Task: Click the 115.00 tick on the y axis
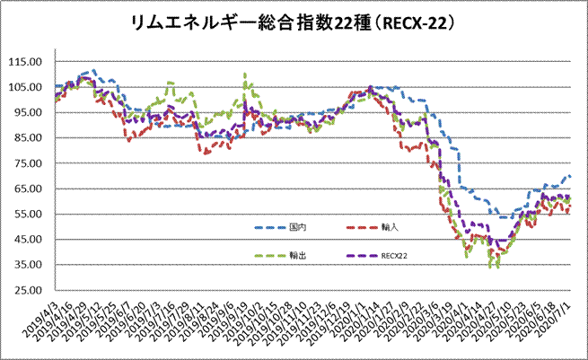click(x=30, y=62)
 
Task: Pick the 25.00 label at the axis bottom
click(x=31, y=290)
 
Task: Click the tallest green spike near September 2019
click(x=245, y=75)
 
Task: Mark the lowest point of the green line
click(x=491, y=268)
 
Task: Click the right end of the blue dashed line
click(x=570, y=176)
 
